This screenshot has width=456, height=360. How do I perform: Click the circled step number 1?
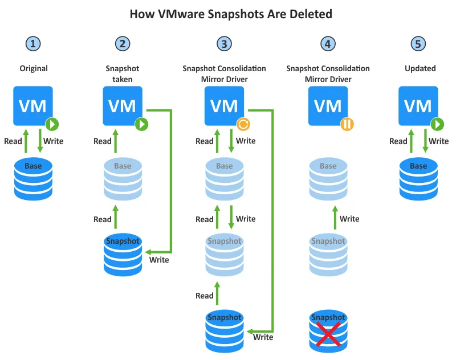click(34, 43)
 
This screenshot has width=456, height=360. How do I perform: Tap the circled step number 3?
click(225, 43)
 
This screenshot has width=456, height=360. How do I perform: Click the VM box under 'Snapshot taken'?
click(122, 105)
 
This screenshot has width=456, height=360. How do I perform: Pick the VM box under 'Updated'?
click(418, 105)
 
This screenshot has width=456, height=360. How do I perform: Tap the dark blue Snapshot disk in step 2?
click(122, 253)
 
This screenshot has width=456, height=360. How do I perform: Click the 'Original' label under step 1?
click(34, 68)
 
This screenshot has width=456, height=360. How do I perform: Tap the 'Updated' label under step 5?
click(420, 68)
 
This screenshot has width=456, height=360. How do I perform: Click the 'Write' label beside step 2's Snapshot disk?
click(159, 260)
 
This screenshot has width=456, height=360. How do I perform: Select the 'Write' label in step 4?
click(349, 219)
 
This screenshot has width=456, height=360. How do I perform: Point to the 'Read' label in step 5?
click(398, 141)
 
